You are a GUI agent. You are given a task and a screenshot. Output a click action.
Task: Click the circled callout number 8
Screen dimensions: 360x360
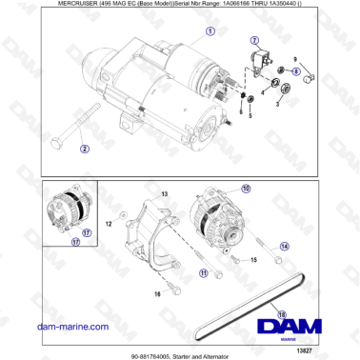coord(298,70)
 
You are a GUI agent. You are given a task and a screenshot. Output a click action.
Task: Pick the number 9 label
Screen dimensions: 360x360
coord(295,58)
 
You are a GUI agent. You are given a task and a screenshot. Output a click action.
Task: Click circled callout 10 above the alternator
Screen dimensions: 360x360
coord(247,190)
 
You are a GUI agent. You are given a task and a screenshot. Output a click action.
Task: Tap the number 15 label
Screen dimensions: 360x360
coord(253,258)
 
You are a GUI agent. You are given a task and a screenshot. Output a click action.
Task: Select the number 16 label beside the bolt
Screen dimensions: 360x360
coord(157,294)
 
